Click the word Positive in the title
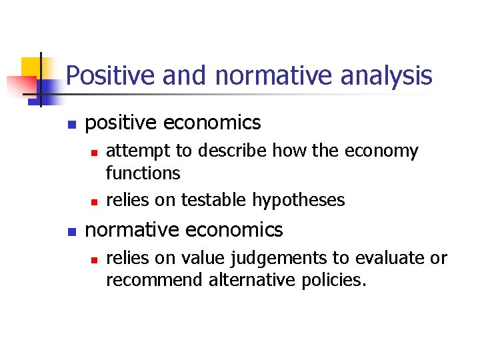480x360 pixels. click(x=103, y=75)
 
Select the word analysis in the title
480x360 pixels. click(x=386, y=75)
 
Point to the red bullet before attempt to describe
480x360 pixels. click(x=94, y=153)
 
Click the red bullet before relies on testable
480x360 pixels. click(x=94, y=201)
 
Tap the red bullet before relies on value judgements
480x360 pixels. click(x=94, y=259)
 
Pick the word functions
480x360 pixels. click(x=143, y=174)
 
